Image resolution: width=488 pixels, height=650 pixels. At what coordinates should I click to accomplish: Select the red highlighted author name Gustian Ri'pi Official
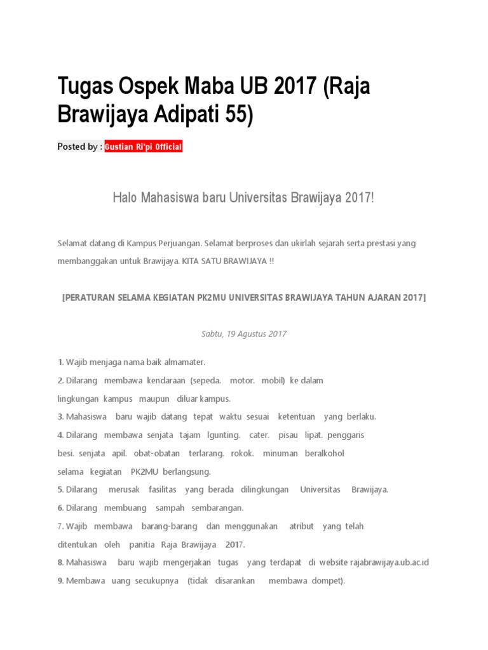click(x=144, y=147)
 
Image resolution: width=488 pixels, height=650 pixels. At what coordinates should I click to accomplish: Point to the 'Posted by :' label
click(x=79, y=147)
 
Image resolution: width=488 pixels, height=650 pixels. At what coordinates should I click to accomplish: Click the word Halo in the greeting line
click(x=125, y=199)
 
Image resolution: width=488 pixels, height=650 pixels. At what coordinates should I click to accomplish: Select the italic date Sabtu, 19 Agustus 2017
click(x=244, y=334)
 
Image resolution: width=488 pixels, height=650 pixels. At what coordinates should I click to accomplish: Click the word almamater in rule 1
click(x=184, y=362)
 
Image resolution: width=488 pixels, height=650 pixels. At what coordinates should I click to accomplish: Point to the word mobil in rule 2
click(x=274, y=380)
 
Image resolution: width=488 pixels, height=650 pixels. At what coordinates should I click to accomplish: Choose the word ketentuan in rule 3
click(x=296, y=417)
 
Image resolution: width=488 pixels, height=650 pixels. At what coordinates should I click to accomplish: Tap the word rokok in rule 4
click(x=243, y=454)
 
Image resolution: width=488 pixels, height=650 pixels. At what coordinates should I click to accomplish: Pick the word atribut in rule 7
click(x=301, y=527)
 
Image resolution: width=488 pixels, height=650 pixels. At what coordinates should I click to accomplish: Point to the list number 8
click(x=60, y=562)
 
